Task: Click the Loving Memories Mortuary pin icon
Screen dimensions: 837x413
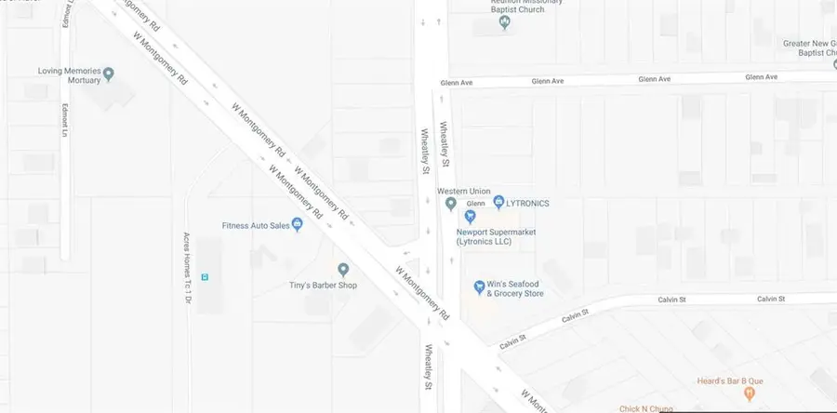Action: tap(109, 72)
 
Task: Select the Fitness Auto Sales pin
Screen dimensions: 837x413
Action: tap(297, 224)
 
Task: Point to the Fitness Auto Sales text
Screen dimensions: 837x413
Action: tap(255, 224)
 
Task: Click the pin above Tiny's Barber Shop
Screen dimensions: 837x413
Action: tap(342, 269)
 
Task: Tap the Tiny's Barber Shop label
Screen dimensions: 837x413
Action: tap(322, 285)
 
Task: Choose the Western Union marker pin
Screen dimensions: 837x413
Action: tap(450, 204)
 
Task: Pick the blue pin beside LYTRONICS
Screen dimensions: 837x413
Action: tap(498, 202)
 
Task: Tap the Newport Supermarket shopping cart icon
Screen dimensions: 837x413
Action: tap(470, 217)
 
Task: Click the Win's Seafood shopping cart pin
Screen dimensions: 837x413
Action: tap(479, 286)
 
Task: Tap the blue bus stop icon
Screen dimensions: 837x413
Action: tap(205, 276)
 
